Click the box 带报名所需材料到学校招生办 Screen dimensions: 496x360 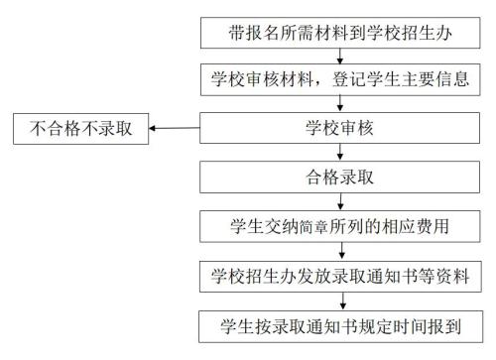340,33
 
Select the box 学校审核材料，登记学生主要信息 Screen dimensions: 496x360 340,79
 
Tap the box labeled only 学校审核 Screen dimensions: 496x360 339,128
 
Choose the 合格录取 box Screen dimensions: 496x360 339,177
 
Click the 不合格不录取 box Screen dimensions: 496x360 81,129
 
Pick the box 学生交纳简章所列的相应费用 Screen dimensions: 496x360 340,226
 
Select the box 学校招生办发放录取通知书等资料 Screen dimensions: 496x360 340,277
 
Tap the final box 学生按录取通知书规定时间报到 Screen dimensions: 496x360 340,326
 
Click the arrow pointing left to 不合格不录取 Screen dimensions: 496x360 175,128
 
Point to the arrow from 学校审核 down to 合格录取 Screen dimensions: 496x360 340,152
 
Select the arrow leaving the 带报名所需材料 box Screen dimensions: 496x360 340,57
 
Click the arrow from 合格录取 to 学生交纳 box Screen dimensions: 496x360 340,202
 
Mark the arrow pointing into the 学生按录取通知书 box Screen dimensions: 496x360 343,301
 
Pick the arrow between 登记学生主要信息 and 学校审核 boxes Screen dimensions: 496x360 340,104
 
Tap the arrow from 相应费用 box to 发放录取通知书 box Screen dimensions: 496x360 342,252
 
